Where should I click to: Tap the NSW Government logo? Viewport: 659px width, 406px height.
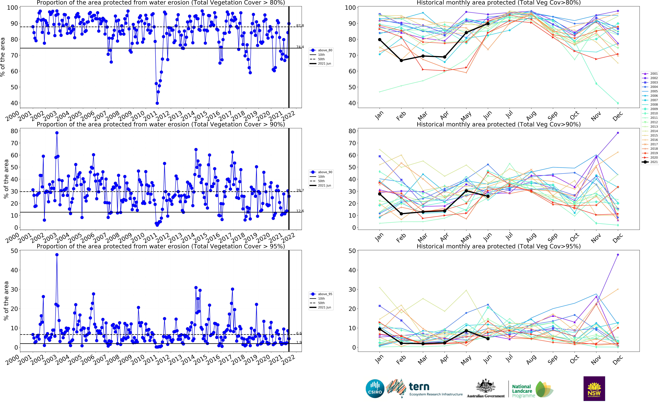coord(594,388)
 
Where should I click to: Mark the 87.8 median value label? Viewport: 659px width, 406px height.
coord(300,26)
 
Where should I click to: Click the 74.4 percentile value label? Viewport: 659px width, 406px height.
coord(300,47)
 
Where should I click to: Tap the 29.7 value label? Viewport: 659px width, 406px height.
coord(300,190)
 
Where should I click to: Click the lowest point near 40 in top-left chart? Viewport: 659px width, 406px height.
coord(157,103)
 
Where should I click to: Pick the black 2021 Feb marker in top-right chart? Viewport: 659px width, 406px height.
coord(401,60)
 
